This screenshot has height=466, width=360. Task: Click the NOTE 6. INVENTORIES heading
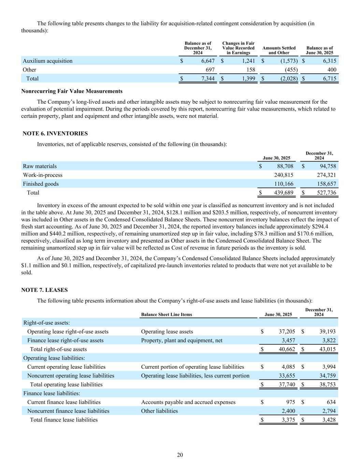pyautogui.click(x=55, y=133)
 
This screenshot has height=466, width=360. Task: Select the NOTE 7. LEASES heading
pyautogui.click(x=44, y=290)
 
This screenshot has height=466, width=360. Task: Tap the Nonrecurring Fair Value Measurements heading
pyautogui.click(x=72, y=91)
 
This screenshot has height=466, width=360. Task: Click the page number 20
pyautogui.click(x=180, y=455)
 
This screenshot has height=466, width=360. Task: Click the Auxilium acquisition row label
pyautogui.click(x=47, y=61)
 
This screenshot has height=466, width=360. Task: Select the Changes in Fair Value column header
pyautogui.click(x=238, y=48)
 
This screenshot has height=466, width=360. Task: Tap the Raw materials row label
pyautogui.click(x=40, y=166)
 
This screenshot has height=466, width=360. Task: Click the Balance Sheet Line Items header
pyautogui.click(x=167, y=314)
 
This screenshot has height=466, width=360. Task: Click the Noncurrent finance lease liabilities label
pyautogui.click(x=68, y=411)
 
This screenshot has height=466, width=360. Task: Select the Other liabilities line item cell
pyautogui.click(x=159, y=411)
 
